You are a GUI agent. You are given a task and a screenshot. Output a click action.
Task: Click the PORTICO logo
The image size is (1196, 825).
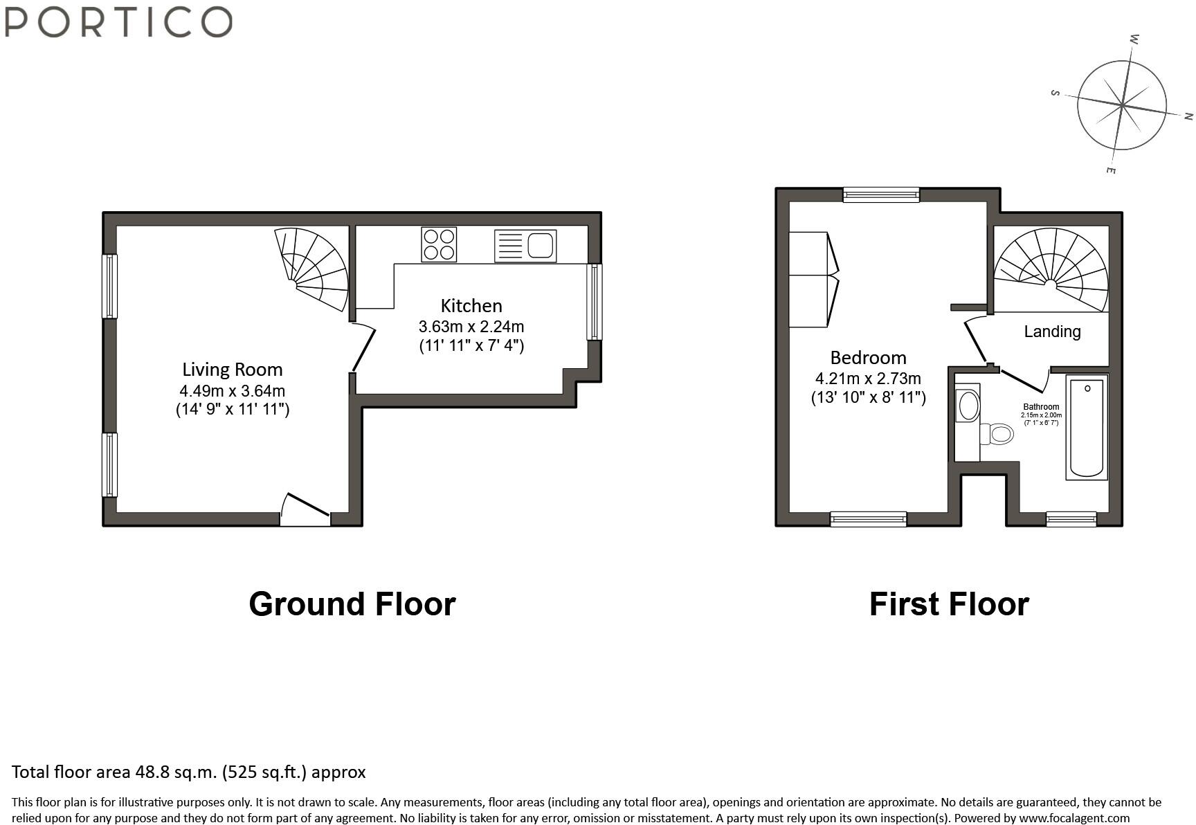[x=118, y=21]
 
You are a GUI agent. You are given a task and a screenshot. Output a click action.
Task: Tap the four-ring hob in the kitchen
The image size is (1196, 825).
[x=439, y=244]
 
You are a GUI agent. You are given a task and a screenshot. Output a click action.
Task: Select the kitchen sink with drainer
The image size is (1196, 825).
[x=525, y=246]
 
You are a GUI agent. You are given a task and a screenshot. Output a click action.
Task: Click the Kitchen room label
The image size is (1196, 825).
[x=471, y=305]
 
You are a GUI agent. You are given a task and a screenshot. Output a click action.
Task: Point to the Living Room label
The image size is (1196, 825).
[x=233, y=370]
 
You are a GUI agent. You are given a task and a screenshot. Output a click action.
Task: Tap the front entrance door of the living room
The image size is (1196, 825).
[x=305, y=509]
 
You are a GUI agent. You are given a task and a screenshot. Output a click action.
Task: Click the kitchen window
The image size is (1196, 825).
[x=594, y=302]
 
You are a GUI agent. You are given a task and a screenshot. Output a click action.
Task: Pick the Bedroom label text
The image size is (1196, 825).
[x=868, y=358]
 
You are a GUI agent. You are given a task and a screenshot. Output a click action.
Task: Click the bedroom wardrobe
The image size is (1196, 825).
[x=814, y=280]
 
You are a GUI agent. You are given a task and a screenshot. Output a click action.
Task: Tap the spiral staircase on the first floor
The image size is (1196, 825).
[x=1051, y=270]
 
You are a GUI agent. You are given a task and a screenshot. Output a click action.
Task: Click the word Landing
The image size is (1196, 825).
[x=1052, y=332]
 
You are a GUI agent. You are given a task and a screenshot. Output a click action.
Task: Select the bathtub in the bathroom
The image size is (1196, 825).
[x=1087, y=427]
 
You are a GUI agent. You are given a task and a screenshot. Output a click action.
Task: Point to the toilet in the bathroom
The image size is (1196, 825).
[x=997, y=435]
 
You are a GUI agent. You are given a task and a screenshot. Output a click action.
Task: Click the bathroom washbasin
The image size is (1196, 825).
[x=968, y=406]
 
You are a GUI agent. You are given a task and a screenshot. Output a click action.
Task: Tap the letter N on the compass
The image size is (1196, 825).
[x=1188, y=116]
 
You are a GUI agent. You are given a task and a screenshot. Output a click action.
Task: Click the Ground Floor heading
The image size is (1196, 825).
[x=352, y=604]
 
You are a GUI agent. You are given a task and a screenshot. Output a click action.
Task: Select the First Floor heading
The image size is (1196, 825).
[x=949, y=604]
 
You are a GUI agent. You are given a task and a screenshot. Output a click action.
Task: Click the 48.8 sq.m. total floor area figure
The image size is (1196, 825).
[x=176, y=772]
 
